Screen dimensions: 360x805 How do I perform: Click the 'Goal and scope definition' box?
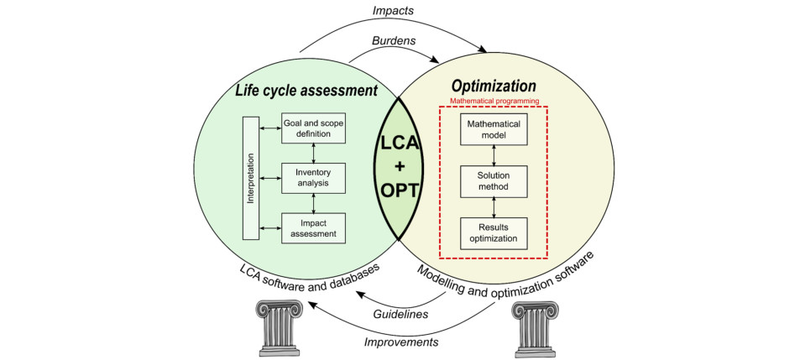point(312,129)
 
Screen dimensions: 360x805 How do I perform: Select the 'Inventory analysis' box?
point(312,177)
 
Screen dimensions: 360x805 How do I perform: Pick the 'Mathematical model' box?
point(494,130)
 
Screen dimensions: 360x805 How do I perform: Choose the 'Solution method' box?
point(494,180)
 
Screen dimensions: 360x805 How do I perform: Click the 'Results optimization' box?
point(494,232)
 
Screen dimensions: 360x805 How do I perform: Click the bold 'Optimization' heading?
point(494,86)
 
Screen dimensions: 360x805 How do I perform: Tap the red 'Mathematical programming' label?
point(494,101)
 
